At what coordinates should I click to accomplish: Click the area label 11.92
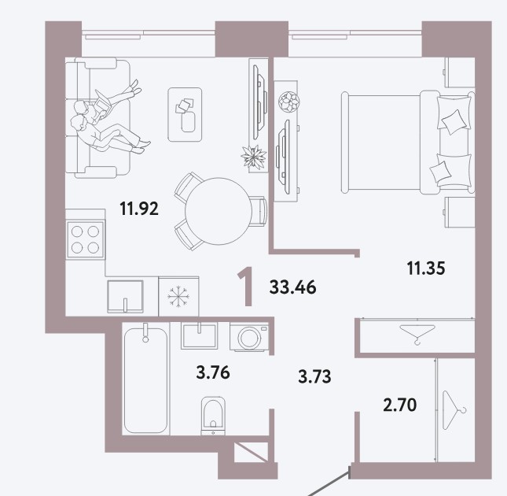[139, 209]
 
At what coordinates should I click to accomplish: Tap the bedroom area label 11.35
[426, 268]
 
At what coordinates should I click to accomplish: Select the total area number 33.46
[292, 287]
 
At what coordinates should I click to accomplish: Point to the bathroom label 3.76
[213, 372]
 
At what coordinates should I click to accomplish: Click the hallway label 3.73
[314, 376]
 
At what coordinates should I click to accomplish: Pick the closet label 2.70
[399, 405]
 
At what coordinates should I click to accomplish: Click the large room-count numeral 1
[246, 287]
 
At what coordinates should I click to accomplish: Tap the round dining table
[219, 211]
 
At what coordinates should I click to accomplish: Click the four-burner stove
[86, 239]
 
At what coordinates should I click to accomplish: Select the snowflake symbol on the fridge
[178, 296]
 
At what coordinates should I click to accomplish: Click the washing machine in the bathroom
[249, 337]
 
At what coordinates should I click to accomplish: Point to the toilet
[213, 416]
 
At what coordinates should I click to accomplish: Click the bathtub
[146, 379]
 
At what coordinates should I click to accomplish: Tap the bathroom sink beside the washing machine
[199, 335]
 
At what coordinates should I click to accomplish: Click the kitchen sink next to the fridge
[125, 297]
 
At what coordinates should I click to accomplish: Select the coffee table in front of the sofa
[185, 115]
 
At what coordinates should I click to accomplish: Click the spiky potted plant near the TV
[254, 157]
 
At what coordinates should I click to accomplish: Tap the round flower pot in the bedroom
[289, 102]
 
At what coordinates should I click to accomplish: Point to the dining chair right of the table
[259, 211]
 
